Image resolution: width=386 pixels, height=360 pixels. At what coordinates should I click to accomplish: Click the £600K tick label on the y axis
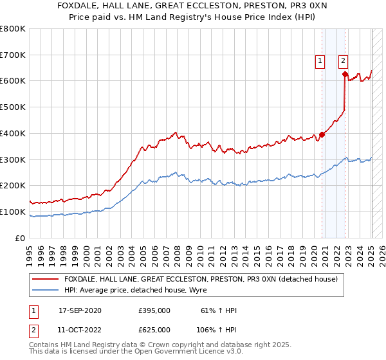(x=12, y=81)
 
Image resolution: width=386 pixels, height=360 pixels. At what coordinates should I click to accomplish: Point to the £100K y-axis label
(x=12, y=212)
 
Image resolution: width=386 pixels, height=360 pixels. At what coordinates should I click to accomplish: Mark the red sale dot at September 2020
(x=322, y=134)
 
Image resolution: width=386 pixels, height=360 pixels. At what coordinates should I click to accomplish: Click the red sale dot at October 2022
(x=345, y=75)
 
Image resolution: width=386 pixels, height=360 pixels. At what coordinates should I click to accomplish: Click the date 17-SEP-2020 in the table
(x=80, y=310)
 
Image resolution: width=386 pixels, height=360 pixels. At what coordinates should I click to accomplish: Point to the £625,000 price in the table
(x=154, y=329)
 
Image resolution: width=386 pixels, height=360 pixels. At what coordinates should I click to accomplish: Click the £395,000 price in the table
(x=154, y=310)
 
